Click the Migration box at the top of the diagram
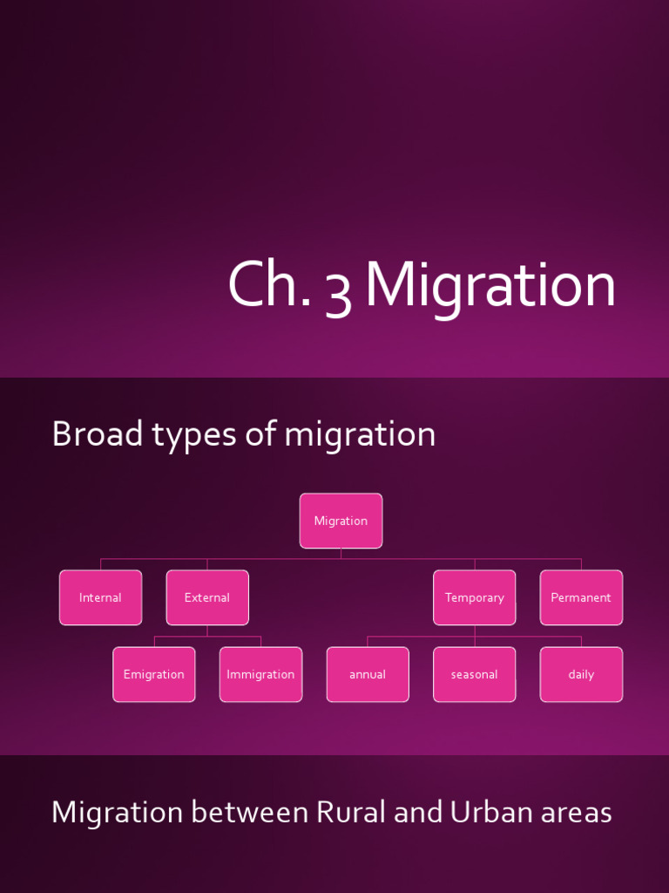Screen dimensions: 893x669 (341, 521)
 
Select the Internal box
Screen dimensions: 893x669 (100, 597)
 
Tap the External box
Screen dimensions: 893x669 (207, 597)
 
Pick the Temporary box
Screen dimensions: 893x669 (474, 597)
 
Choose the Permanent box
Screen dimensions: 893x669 (581, 597)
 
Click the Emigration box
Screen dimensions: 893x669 (154, 674)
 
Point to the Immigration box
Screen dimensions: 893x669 (260, 674)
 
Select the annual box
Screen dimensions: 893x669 (368, 674)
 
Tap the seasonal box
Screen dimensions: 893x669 (474, 674)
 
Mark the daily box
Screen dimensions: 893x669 (581, 674)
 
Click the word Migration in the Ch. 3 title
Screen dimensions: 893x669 (490, 286)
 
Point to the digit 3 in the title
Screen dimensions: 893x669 (338, 290)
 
